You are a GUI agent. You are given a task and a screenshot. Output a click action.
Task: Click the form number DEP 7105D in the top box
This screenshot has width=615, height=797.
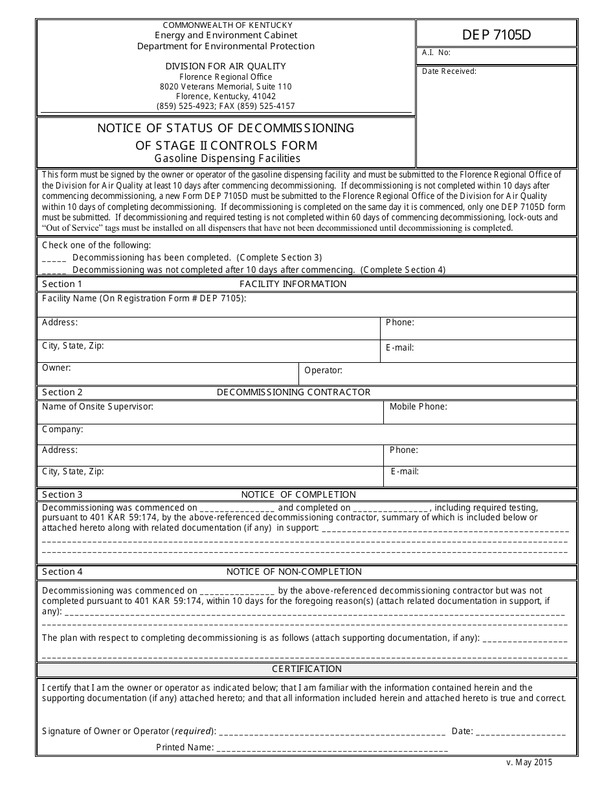point(496,34)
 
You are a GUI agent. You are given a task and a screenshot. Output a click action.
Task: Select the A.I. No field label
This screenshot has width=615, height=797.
point(436,53)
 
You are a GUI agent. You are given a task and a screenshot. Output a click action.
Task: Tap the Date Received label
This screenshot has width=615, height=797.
point(449,71)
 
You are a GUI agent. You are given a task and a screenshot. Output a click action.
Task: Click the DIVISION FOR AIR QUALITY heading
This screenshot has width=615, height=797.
point(225,66)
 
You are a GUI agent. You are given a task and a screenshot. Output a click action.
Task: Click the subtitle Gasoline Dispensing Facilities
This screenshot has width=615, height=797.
point(227,158)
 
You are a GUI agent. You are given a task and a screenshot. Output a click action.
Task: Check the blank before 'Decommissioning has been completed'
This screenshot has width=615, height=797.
point(54,258)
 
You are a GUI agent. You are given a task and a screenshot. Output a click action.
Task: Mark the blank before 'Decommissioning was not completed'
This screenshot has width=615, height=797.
point(54,270)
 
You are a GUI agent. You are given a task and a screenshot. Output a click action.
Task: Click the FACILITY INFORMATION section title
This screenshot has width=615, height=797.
point(293,284)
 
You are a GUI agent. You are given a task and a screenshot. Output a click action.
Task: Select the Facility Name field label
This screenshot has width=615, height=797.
point(144,298)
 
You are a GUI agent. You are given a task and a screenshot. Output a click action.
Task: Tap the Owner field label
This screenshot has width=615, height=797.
point(56,367)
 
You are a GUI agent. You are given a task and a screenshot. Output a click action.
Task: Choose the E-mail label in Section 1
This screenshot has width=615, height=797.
point(399,347)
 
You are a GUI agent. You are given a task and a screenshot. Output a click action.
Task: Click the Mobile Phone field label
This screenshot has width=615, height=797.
point(418,407)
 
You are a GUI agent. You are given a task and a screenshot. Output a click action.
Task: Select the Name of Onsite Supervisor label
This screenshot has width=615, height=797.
point(97,407)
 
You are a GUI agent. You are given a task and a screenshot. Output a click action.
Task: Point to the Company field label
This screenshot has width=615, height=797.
point(62,429)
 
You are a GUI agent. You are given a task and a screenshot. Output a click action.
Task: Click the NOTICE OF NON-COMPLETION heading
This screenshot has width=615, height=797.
point(294,572)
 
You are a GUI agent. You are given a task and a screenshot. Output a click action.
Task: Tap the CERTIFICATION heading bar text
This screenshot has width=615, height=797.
point(306,669)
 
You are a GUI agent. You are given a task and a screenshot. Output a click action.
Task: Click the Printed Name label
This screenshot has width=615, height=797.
point(184,747)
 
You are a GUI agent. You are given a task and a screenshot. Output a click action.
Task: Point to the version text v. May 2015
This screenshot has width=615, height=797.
point(529,763)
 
